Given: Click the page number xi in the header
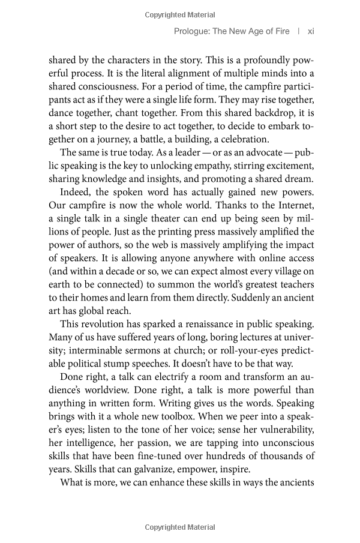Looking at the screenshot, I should pyautogui.click(x=310, y=31).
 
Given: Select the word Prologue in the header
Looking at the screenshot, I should pyautogui.click(x=190, y=31).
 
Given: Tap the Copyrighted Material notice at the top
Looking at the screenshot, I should pyautogui.click(x=180, y=11).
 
